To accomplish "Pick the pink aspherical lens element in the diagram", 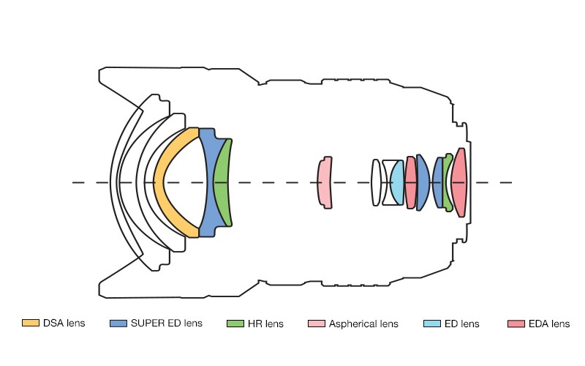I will (x=324, y=182).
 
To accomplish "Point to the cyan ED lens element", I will (x=397, y=183).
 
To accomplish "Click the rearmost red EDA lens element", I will (x=458, y=182).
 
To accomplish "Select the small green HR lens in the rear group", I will (x=448, y=182).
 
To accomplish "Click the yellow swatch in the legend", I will (x=31, y=323).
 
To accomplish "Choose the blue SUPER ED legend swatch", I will (x=118, y=323).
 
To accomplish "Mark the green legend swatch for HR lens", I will (x=235, y=323).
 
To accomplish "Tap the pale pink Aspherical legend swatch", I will (x=317, y=323).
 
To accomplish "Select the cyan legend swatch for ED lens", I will (x=432, y=323).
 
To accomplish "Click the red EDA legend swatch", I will (x=516, y=323).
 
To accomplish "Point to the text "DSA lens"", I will (x=64, y=323).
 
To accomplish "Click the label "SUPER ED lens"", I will (x=166, y=323).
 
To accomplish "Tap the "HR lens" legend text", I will (x=266, y=323).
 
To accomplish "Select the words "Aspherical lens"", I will (x=363, y=323).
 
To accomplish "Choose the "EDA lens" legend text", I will (x=548, y=323).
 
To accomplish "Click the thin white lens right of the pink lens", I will (x=375, y=182).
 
